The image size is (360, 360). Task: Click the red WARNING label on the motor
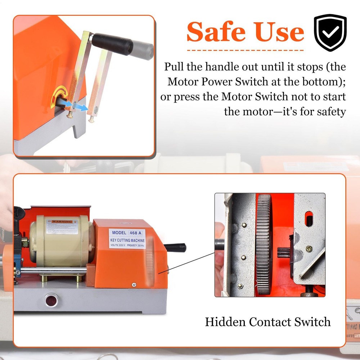click(60, 220)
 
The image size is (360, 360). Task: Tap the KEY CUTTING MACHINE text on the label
click(127, 240)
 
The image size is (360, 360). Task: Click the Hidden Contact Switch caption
click(267, 321)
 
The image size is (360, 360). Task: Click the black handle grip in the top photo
click(111, 43)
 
